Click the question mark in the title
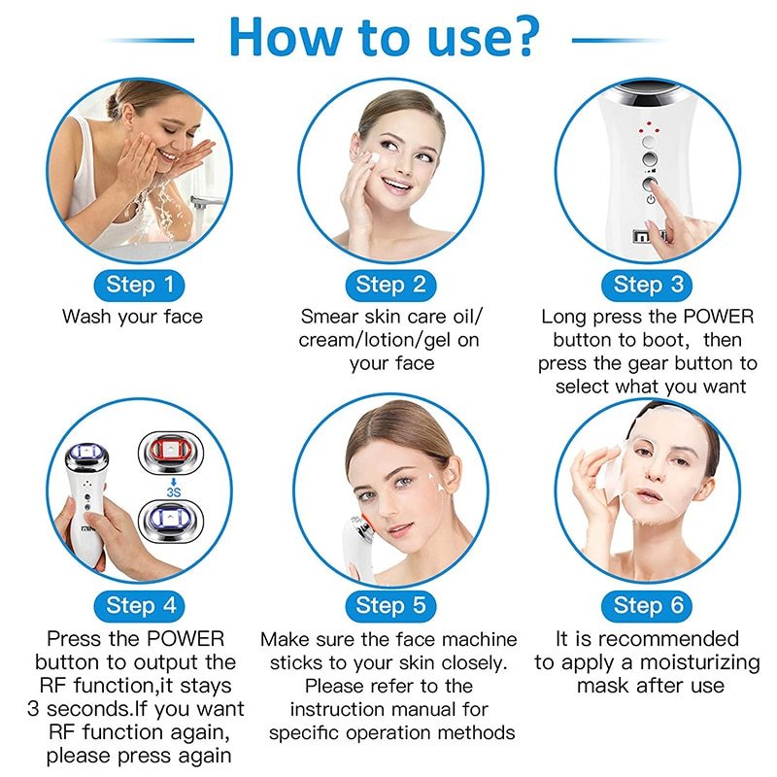click(523, 36)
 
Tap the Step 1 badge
click(140, 285)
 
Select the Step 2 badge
click(390, 285)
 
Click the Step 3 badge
click(648, 285)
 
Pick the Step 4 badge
click(141, 605)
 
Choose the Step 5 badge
click(390, 605)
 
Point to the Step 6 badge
click(648, 605)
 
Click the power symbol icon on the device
click(651, 200)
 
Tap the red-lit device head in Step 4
click(171, 451)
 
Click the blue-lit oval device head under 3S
click(171, 521)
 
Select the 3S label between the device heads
click(174, 492)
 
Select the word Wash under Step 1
click(86, 317)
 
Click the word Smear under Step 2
click(330, 317)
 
